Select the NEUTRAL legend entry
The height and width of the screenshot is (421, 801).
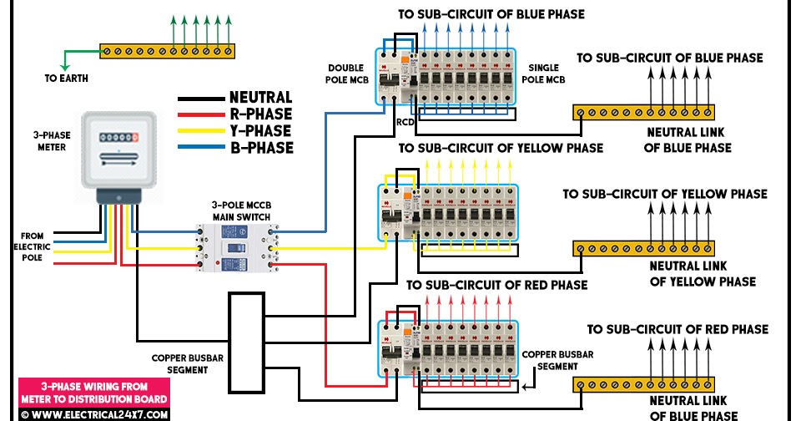tap(260, 98)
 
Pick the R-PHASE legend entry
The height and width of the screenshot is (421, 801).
tap(260, 114)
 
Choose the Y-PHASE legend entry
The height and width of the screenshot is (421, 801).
tap(260, 131)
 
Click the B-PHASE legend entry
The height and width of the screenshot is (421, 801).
tap(260, 148)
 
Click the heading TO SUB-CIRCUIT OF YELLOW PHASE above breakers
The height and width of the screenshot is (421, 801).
tap(501, 149)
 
